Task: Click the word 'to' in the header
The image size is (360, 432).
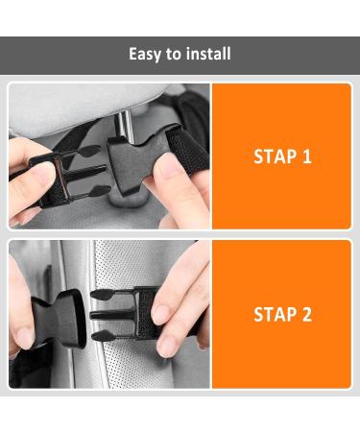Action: click(x=175, y=54)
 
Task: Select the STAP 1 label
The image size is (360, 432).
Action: click(x=282, y=156)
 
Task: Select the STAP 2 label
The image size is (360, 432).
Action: click(x=282, y=314)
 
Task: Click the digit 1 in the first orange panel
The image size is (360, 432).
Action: click(x=306, y=156)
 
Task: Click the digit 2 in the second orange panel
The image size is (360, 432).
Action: click(x=306, y=314)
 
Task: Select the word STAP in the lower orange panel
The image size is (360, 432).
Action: click(x=274, y=314)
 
